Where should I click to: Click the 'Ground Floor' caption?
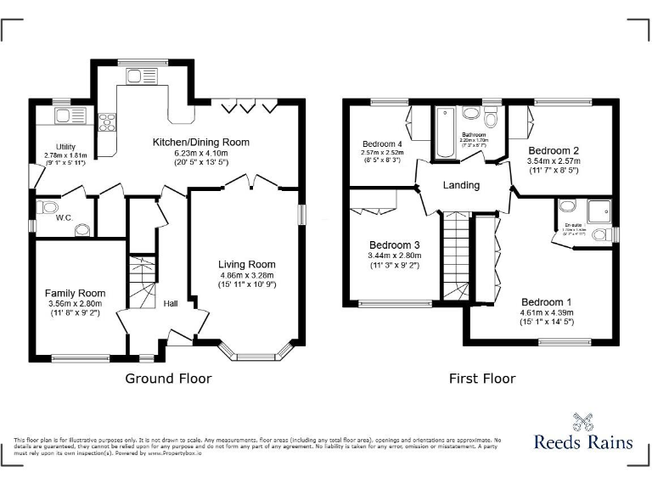coord(168,379)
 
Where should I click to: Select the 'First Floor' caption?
coord(482,379)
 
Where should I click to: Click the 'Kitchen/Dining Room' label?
coord(200,142)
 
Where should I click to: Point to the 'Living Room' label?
coord(246,264)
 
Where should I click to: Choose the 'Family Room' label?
coord(75,293)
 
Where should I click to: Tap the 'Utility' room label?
coord(65,146)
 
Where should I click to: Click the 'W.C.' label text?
coord(65,217)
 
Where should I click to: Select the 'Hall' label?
coord(171,302)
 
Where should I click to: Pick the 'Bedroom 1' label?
coord(546,302)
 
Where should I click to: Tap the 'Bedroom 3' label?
coord(393,244)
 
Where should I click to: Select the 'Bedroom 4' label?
coord(381,143)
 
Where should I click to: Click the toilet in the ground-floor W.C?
coord(49,207)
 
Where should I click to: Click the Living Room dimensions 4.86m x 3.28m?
coord(246,276)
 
